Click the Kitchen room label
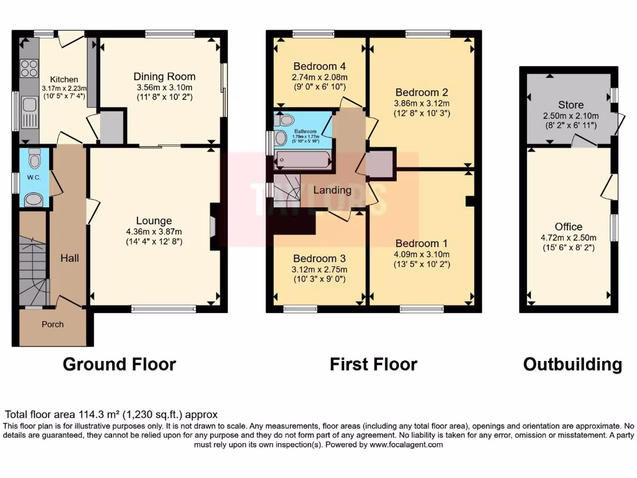pyautogui.click(x=64, y=79)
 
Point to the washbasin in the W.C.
pyautogui.click(x=34, y=199)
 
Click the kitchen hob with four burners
pyautogui.click(x=29, y=67)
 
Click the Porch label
pyautogui.click(x=53, y=324)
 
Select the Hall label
pyautogui.click(x=69, y=257)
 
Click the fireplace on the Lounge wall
pyautogui.click(x=213, y=227)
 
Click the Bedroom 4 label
pyautogui.click(x=320, y=66)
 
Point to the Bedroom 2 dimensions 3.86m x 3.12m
pyautogui.click(x=422, y=103)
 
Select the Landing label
pyautogui.click(x=332, y=190)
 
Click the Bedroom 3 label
pyautogui.click(x=320, y=258)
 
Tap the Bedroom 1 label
pyautogui.click(x=421, y=243)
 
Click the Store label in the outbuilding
pyautogui.click(x=570, y=105)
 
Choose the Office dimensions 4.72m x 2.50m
pyautogui.click(x=569, y=238)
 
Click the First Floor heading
pyautogui.click(x=373, y=364)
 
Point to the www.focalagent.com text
pyautogui.click(x=406, y=445)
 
